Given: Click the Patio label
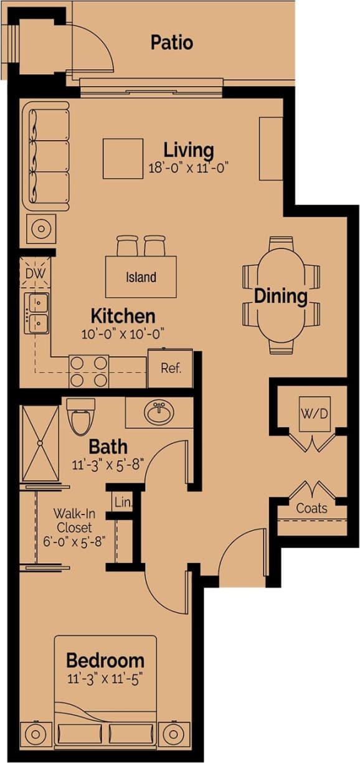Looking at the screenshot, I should [171, 43].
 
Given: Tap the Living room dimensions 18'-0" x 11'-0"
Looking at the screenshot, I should [189, 168].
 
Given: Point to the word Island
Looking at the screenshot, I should [141, 277].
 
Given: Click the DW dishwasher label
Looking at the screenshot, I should [31, 272].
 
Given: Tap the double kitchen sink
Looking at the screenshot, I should [37, 313].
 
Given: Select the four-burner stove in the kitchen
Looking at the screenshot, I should [89, 371].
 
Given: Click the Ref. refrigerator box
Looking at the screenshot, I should [170, 368].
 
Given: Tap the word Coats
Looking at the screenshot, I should [311, 508].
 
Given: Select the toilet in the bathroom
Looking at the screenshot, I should [80, 417].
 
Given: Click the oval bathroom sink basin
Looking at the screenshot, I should [159, 412].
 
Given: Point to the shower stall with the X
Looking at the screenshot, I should [40, 443].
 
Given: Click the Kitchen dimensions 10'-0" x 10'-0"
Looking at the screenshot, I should [123, 333].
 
